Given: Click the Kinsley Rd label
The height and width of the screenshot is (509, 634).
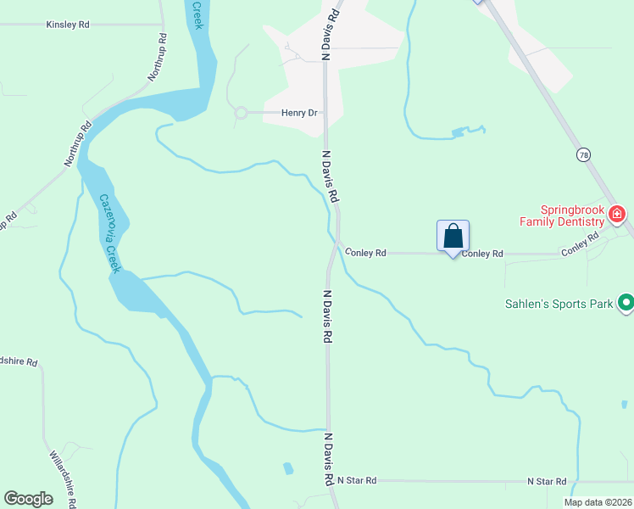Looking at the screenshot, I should [x=68, y=25].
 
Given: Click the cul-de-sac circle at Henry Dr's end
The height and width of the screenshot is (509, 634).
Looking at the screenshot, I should [x=241, y=112].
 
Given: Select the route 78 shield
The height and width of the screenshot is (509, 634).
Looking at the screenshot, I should [x=583, y=154].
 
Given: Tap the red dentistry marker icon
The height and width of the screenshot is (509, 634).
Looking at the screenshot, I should [x=618, y=213].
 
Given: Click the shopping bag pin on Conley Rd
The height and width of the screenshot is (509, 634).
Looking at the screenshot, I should [x=453, y=236].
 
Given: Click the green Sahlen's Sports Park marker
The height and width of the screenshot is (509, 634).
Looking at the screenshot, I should [x=626, y=302].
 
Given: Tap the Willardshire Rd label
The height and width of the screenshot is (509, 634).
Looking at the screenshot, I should [x=64, y=476].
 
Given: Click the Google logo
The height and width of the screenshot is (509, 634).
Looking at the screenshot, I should [x=29, y=499].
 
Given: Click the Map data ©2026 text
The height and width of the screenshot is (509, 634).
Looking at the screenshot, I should [x=598, y=502].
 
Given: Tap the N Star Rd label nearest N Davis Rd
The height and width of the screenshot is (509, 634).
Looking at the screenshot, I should [x=356, y=481].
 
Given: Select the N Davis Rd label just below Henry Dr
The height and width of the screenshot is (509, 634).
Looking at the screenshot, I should [x=331, y=176].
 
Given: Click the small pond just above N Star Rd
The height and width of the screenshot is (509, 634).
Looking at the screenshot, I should [x=287, y=467].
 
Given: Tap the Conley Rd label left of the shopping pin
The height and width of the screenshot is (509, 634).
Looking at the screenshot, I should [x=365, y=253].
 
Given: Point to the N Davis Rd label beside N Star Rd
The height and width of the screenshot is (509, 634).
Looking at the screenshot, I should [x=327, y=458].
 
